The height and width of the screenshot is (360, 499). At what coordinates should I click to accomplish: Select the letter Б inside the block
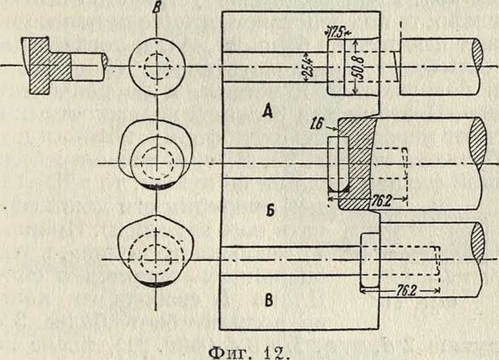267,213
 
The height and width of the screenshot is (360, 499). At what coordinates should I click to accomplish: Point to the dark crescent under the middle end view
156,188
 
